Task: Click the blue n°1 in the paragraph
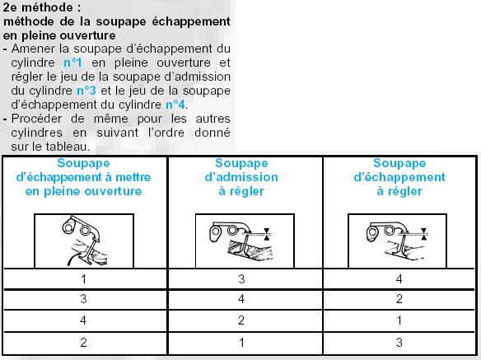(72, 63)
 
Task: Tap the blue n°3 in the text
(86, 91)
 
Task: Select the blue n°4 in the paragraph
(175, 105)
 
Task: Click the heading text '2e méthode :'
(42, 7)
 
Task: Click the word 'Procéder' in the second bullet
(36, 119)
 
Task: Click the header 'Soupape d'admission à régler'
(241, 177)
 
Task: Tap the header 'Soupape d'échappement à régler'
(399, 177)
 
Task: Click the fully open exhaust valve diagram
(84, 241)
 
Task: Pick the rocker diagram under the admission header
(245, 241)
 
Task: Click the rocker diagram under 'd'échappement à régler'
(397, 241)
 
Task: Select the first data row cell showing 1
(83, 279)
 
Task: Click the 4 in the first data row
(399, 279)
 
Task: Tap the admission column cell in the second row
(241, 298)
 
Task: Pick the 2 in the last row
(83, 342)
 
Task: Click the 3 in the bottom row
(399, 342)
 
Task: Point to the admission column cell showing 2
(241, 320)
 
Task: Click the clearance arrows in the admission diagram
(267, 234)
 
